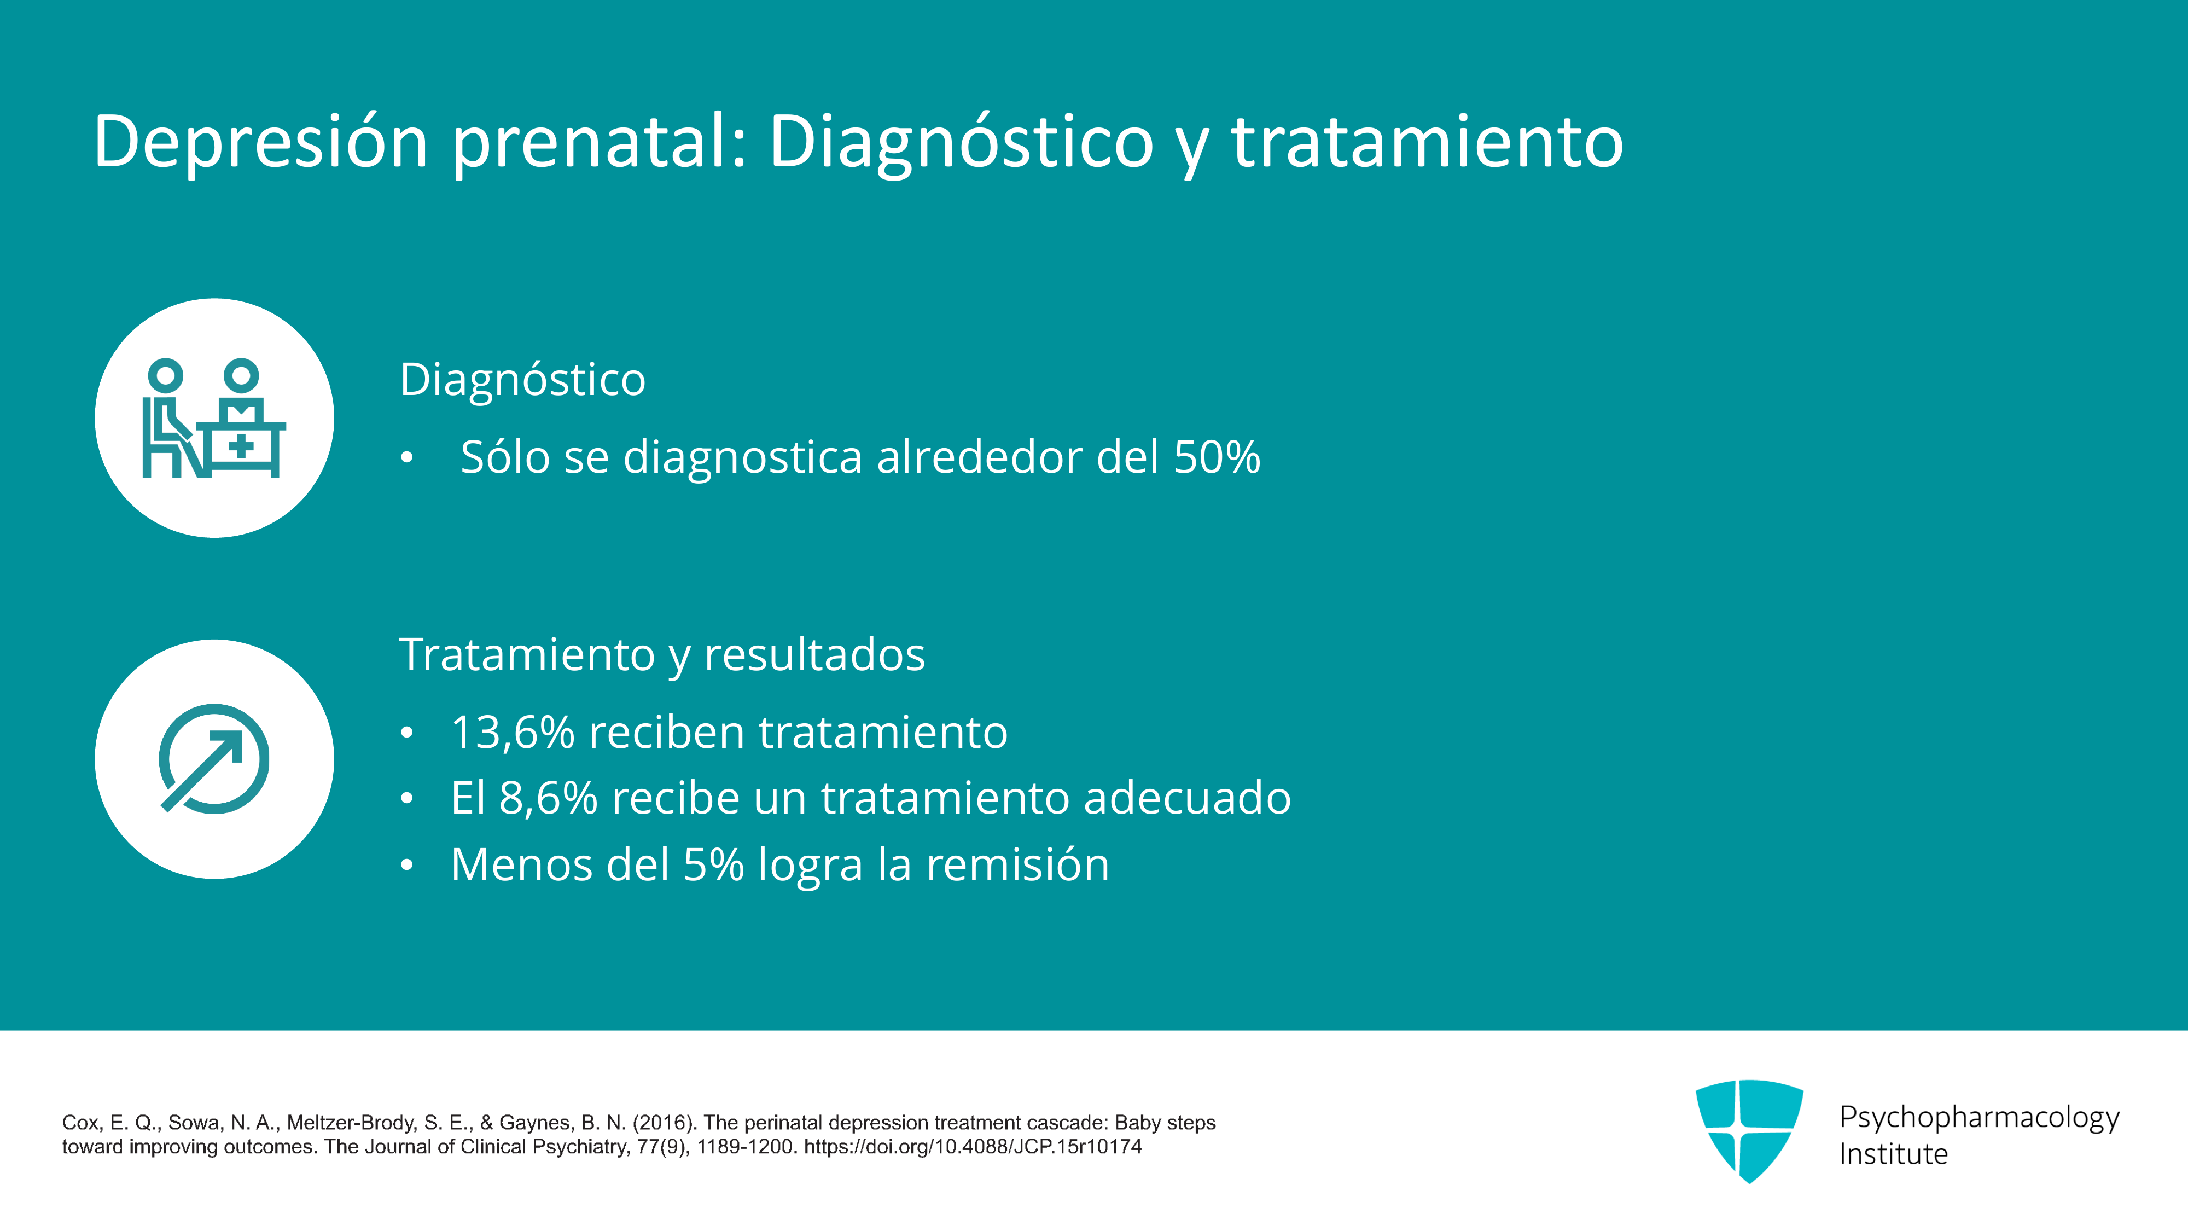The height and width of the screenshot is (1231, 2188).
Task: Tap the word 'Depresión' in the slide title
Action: point(261,141)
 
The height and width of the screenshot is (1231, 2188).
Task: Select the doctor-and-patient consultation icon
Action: point(214,418)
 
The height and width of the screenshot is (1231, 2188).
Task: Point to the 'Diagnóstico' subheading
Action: point(522,380)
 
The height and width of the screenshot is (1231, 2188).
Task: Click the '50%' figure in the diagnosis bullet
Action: point(1217,456)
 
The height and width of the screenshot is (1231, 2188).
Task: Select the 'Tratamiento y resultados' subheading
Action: point(662,655)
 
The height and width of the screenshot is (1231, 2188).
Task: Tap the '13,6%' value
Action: point(513,733)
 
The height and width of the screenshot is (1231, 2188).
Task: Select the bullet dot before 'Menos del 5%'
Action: point(407,866)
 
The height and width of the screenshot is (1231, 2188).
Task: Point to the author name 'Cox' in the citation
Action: point(82,1123)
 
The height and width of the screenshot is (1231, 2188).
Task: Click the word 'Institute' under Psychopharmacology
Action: point(1893,1154)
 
